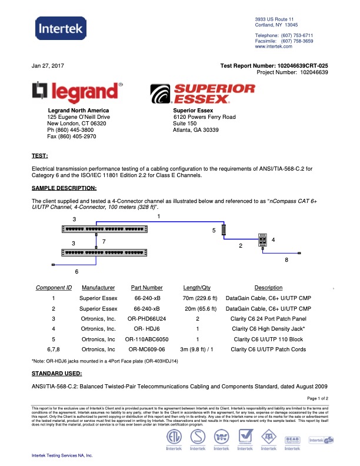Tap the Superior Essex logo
[204, 93]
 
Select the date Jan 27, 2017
[48, 65]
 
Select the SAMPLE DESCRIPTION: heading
[64, 188]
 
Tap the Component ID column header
[54, 288]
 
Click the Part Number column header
[146, 288]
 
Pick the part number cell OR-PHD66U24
[146, 318]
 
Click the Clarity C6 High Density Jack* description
[268, 328]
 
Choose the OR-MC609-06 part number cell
[146, 349]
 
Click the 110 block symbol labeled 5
[224, 231]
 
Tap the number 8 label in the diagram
[286, 259]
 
